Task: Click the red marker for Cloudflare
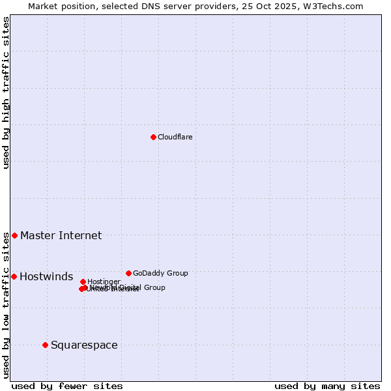(153, 137)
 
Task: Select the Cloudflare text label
(175, 137)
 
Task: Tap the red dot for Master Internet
(14, 235)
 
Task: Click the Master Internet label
(61, 235)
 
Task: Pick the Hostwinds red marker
(14, 276)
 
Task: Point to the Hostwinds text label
(46, 277)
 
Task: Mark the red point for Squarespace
(45, 345)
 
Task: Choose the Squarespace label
(84, 345)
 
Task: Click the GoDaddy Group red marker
(128, 273)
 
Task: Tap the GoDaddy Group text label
(160, 273)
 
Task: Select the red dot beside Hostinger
(83, 282)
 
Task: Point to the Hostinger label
(104, 282)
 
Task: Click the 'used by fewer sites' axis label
(67, 386)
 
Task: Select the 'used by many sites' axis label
(327, 386)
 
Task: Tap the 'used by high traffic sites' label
(6, 93)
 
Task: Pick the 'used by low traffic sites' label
(6, 306)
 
